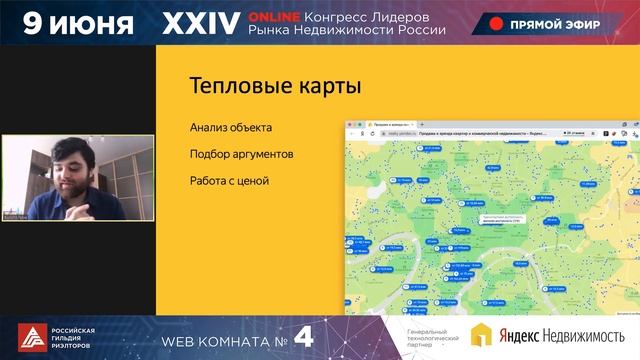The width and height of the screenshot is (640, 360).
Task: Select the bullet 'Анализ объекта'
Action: [x=230, y=128]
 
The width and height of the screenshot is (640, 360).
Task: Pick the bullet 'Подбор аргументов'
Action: [x=241, y=154]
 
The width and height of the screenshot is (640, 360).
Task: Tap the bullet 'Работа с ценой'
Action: [x=229, y=181]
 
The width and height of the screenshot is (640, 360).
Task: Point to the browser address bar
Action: [x=450, y=131]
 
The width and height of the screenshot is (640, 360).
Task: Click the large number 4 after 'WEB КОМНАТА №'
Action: [x=304, y=338]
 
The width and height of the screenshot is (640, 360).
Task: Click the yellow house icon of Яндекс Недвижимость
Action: [x=481, y=337]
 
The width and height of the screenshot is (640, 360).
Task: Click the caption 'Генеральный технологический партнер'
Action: [x=432, y=338]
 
